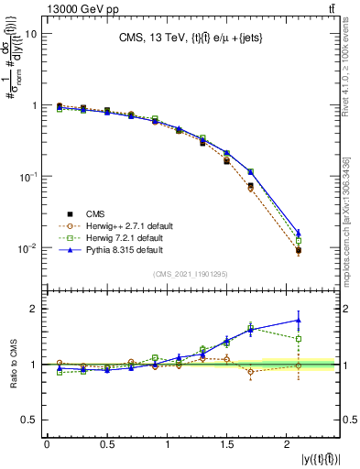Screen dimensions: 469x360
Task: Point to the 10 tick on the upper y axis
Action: (32, 34)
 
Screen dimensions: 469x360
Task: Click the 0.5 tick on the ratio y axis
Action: (31, 420)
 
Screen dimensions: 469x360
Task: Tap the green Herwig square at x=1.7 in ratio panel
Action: (250, 326)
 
